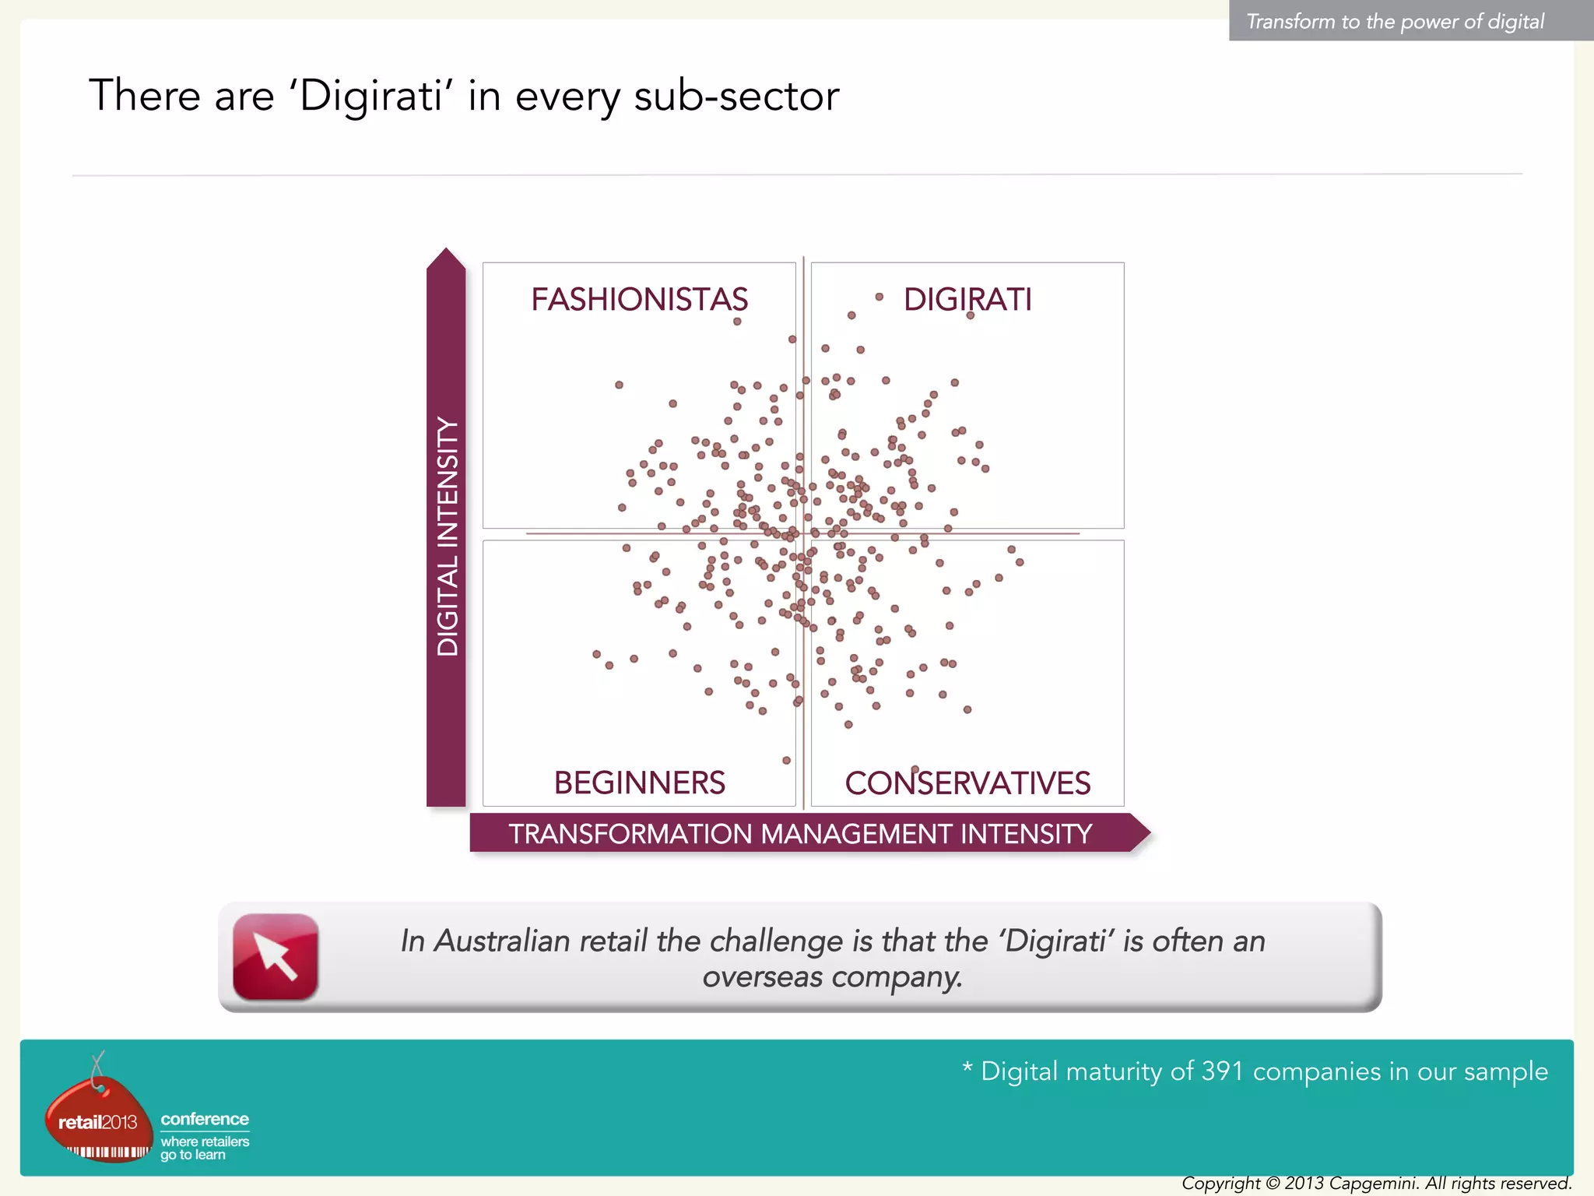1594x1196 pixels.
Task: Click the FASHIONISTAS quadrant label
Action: tap(639, 300)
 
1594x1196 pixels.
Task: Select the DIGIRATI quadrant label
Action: tap(967, 300)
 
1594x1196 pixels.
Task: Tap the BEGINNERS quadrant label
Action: tap(639, 783)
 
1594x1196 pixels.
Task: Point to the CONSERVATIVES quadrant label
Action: tap(967, 783)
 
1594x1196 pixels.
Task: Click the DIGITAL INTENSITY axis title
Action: tap(448, 536)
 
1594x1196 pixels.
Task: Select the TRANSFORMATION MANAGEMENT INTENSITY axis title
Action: tap(800, 834)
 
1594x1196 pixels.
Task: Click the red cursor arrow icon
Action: tap(276, 956)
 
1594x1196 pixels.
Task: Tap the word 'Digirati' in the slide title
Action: tap(370, 96)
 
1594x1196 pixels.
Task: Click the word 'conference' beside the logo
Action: tap(205, 1119)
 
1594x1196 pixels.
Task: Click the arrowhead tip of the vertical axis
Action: tap(446, 251)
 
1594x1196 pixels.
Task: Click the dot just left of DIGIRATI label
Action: tap(879, 297)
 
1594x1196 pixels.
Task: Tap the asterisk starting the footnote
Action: tap(967, 1068)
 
